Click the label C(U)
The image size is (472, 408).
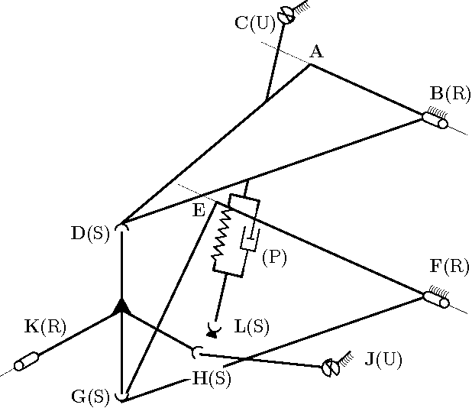(255, 23)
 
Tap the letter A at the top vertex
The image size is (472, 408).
(316, 52)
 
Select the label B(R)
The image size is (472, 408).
(451, 94)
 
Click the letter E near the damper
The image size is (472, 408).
(199, 211)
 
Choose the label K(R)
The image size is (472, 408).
(46, 327)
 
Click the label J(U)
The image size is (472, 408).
(383, 358)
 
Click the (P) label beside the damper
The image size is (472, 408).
(273, 257)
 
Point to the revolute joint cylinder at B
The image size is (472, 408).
(435, 120)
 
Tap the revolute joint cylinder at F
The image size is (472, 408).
(435, 299)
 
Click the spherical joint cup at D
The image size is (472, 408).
(122, 228)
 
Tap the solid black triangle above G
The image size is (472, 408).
(121, 306)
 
